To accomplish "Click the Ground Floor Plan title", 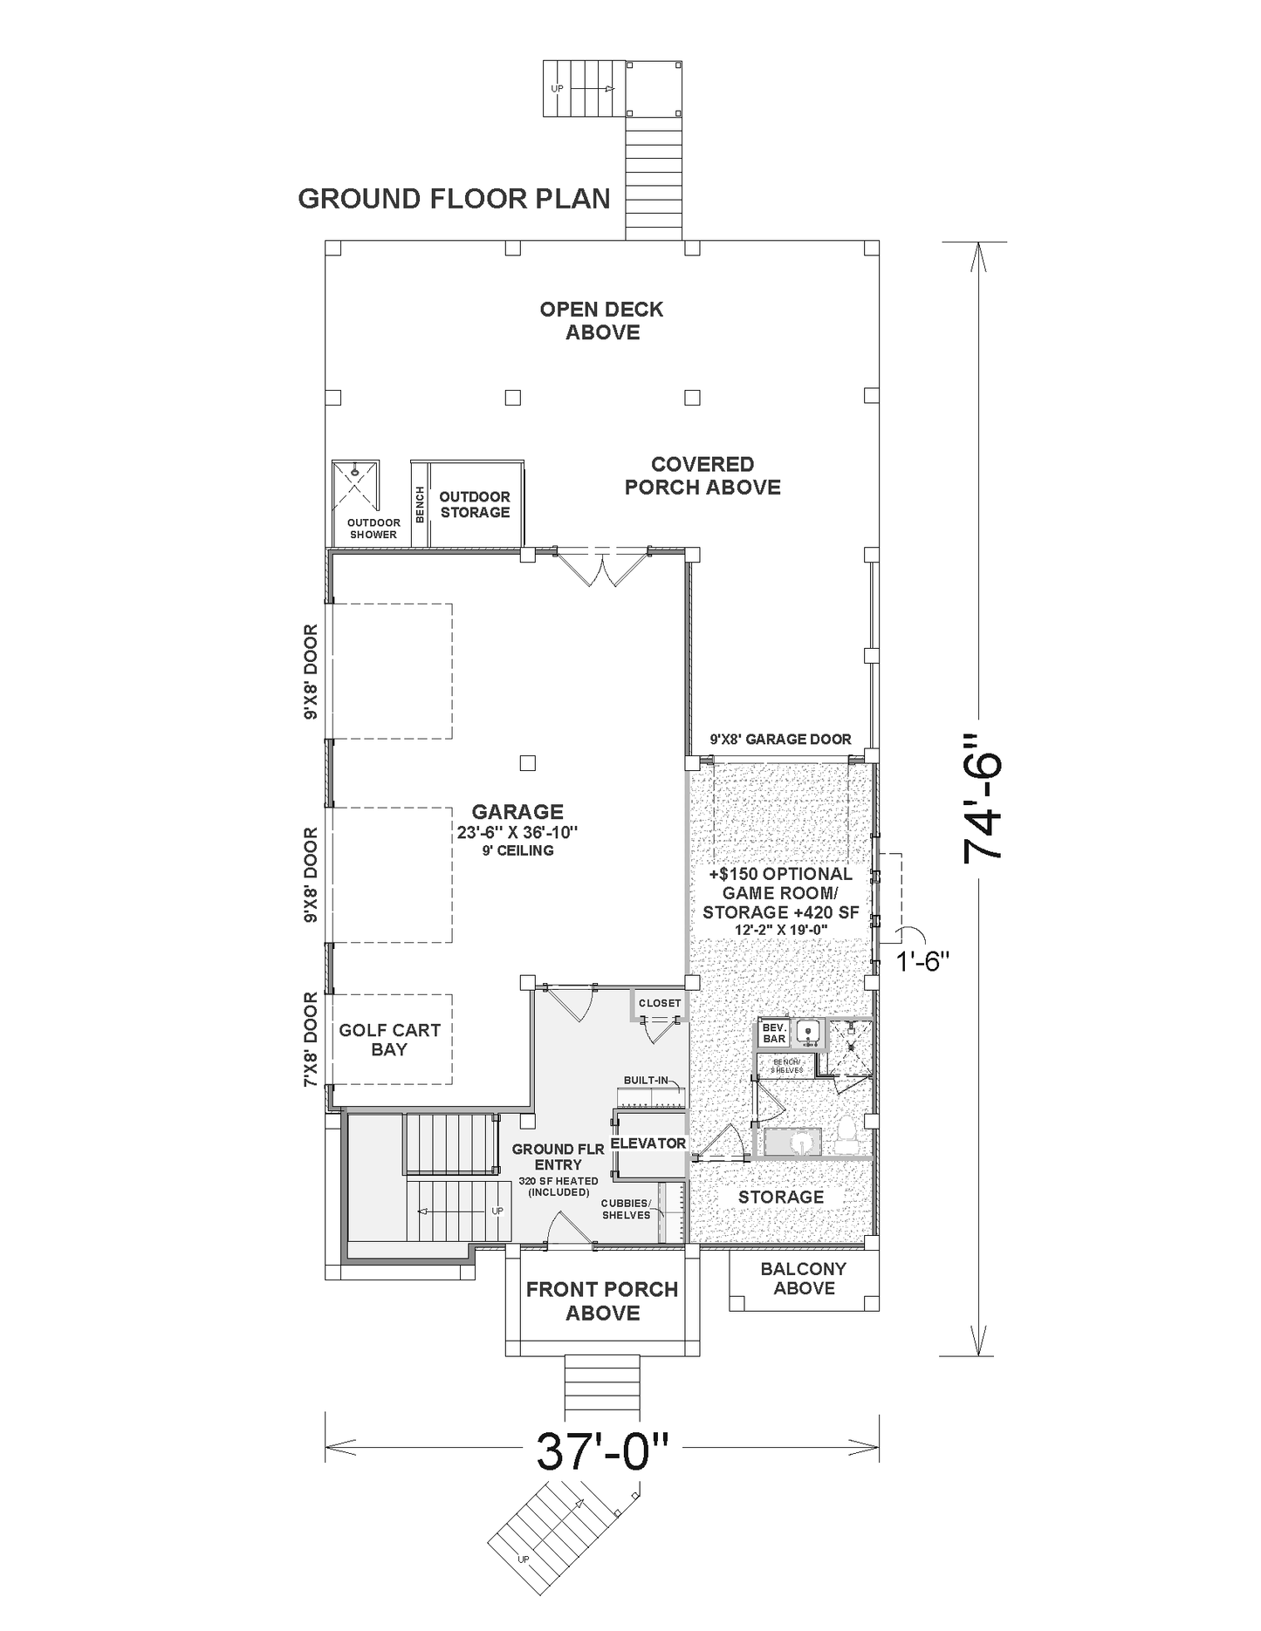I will coord(454,199).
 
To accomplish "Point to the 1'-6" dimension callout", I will coord(922,963).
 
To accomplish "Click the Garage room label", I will coord(517,812).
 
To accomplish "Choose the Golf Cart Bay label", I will coord(389,1040).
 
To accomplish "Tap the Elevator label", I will coord(648,1143).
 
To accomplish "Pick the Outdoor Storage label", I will coord(475,504).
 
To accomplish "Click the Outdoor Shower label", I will coord(374,529).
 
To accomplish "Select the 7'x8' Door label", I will coord(311,1040).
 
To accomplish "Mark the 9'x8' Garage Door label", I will coord(780,740).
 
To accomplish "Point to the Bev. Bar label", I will coord(774,1034).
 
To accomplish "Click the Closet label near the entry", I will coord(660,1003).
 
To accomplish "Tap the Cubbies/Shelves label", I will coord(626,1209).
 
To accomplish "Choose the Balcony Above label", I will coord(804,1279).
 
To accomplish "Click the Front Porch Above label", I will coord(602,1300).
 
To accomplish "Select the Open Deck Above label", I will coord(602,320).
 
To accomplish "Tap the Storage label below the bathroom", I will coord(781,1197).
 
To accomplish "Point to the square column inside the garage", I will coord(527,763).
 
